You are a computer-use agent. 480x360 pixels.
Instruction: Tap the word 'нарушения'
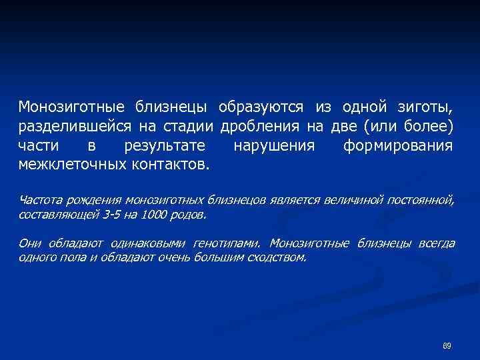click(274, 145)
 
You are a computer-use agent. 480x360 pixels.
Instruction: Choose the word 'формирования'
click(398, 145)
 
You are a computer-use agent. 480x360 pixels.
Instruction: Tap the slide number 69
click(447, 345)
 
